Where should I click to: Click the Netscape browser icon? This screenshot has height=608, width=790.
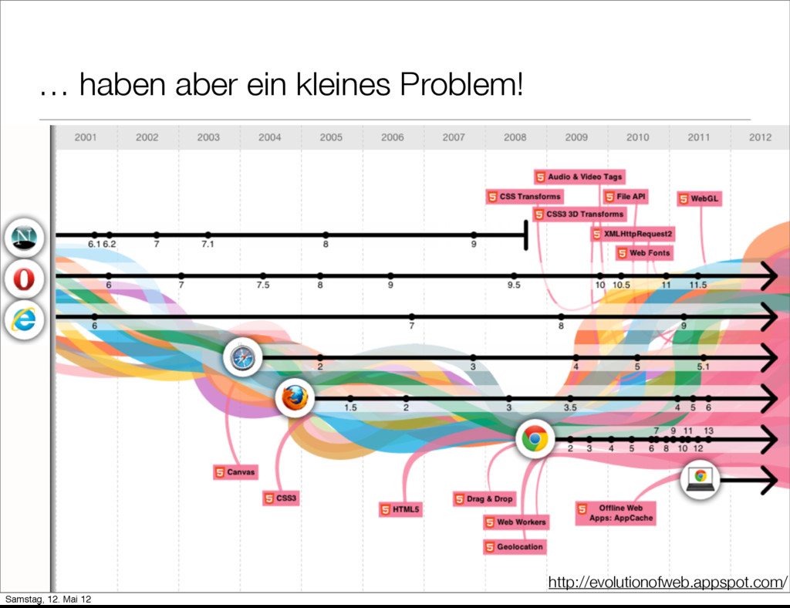pos(23,237)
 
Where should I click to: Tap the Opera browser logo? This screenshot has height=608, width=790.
pos(23,279)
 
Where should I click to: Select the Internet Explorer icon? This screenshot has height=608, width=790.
pos(23,319)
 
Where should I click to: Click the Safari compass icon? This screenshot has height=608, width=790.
pos(243,358)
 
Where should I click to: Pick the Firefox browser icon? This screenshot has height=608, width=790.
pos(294,398)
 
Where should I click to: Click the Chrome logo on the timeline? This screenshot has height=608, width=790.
pos(535,438)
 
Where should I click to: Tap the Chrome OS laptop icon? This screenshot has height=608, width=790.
pos(701,478)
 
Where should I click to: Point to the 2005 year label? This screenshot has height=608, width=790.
pos(331,137)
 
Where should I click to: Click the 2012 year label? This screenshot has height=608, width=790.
pos(760,137)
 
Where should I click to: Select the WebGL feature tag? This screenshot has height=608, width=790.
pos(698,198)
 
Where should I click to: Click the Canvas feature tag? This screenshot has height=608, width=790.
pos(235,471)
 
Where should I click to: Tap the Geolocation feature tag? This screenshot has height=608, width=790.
pos(514,547)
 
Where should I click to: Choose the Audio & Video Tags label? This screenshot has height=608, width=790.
pos(579,177)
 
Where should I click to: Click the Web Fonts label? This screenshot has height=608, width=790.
pos(643,253)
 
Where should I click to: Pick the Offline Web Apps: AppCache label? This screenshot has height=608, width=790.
pos(615,513)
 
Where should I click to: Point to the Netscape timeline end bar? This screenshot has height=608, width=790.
pos(525,235)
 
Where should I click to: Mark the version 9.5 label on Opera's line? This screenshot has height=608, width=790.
pos(514,285)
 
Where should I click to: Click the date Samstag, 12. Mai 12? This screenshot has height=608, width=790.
pos(46,600)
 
